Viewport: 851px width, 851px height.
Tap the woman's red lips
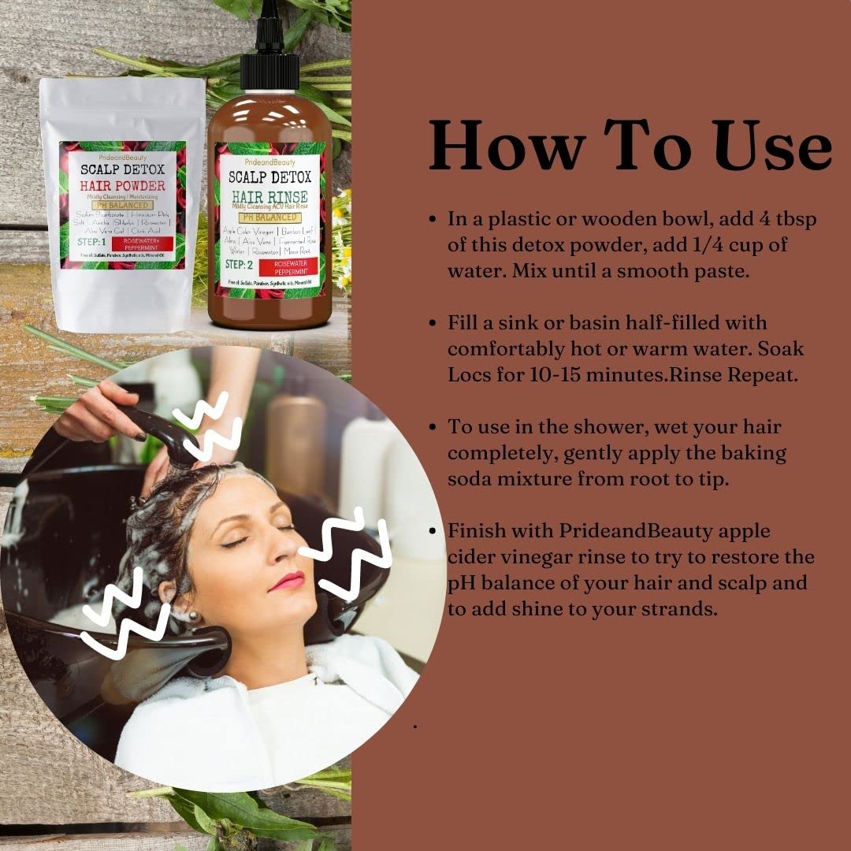click(289, 582)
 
